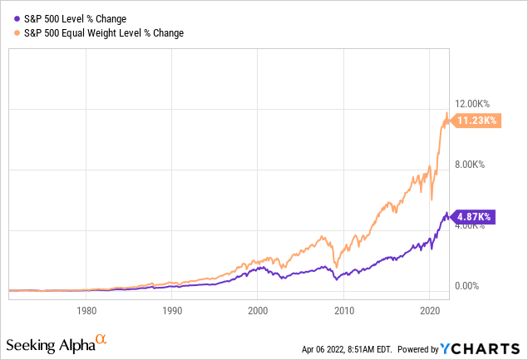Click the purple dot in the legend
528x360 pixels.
point(17,19)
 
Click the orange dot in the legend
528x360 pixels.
point(17,33)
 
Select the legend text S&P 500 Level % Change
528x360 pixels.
point(75,19)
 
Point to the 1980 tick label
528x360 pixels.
point(86,310)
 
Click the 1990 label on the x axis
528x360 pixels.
point(172,310)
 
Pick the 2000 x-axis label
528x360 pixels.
point(258,310)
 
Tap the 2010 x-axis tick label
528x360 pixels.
point(344,310)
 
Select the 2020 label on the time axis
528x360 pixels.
point(430,310)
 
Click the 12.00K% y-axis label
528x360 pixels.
point(472,104)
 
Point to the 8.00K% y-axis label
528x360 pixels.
point(470,165)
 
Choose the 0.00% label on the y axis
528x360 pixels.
point(466,286)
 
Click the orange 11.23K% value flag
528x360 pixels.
point(476,121)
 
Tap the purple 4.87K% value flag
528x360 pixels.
point(473,217)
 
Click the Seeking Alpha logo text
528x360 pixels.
point(51,346)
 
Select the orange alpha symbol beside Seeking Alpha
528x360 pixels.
point(101,338)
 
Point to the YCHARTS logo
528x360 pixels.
point(480,349)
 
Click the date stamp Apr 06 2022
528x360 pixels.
point(323,349)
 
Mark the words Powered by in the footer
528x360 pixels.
point(418,349)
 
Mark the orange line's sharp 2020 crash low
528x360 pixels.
point(432,200)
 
